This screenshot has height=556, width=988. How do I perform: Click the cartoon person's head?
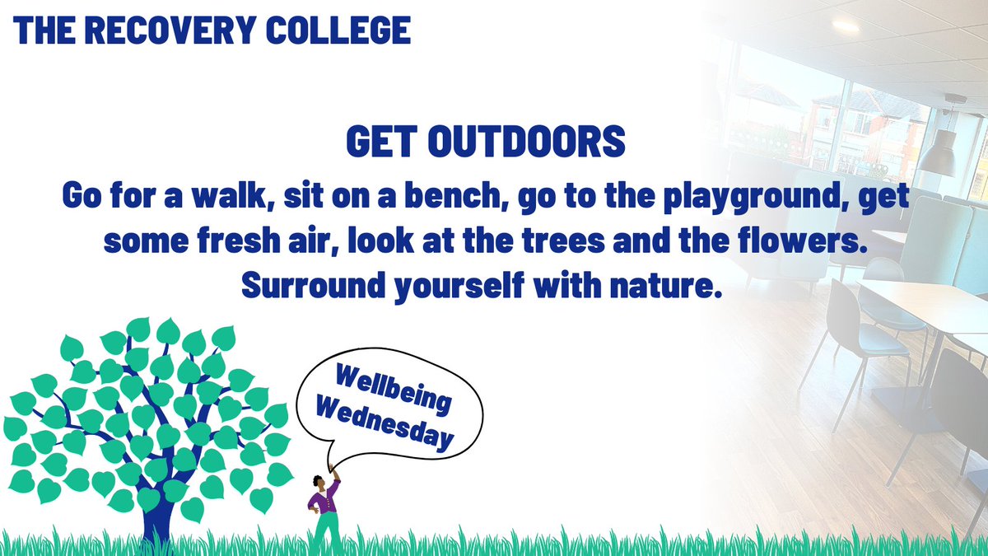(x=319, y=479)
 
